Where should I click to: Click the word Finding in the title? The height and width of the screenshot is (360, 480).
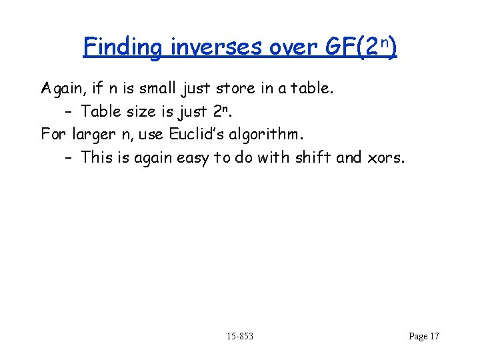[122, 47]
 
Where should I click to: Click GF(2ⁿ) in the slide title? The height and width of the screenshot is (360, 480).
[361, 47]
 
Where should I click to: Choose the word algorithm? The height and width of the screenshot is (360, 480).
[267, 134]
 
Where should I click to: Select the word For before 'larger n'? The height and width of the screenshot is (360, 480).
[53, 134]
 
